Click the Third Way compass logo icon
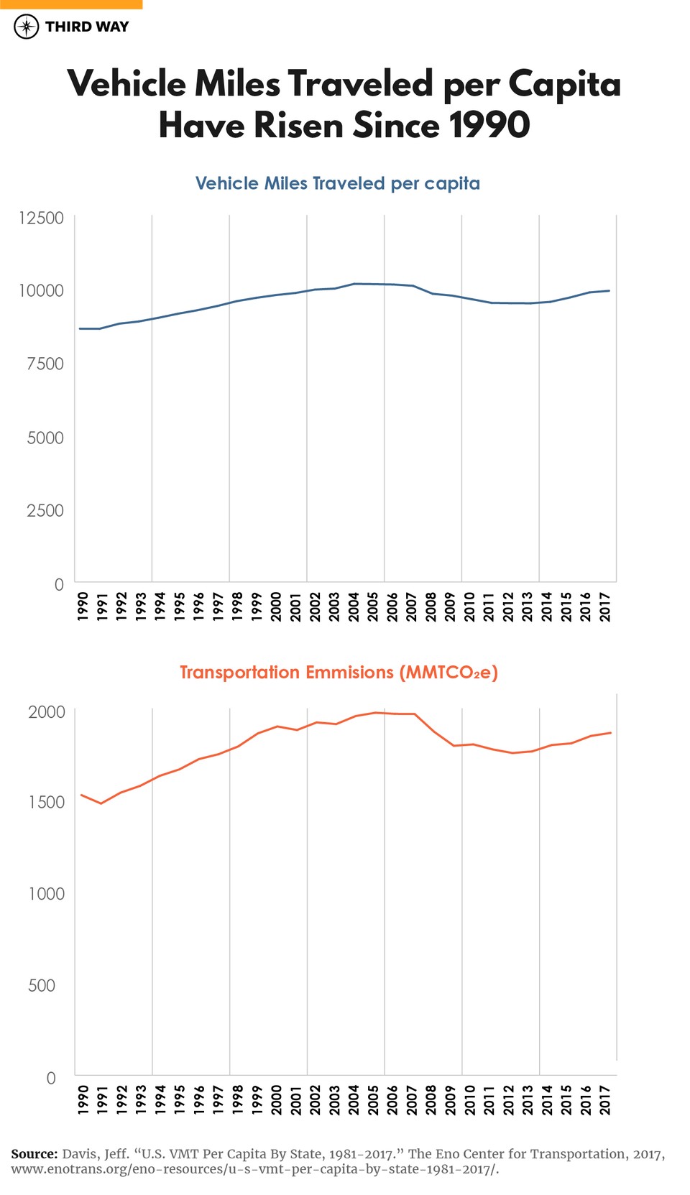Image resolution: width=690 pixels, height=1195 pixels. point(27,27)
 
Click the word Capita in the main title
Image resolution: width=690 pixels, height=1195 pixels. point(564,84)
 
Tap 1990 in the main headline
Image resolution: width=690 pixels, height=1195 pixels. point(489,126)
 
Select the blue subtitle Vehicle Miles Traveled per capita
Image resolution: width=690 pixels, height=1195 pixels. point(337,183)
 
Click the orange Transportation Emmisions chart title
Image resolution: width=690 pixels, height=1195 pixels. point(339,673)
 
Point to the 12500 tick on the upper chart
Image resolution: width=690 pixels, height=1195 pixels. point(41,218)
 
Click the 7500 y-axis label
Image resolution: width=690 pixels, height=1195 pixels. point(45,364)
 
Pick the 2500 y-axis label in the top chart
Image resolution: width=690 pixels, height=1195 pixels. point(45,511)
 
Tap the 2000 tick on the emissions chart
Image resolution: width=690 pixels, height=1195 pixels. point(46,712)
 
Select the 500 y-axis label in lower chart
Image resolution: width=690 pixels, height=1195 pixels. point(42,986)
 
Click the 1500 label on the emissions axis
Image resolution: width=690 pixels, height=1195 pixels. point(46,803)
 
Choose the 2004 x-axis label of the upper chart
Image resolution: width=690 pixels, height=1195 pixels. point(354,606)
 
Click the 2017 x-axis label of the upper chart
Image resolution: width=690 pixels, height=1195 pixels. point(605,606)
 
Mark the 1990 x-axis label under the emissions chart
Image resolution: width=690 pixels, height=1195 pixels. point(83,1100)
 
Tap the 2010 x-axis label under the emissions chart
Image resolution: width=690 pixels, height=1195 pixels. point(469,1100)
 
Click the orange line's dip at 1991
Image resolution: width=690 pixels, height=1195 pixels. point(101,803)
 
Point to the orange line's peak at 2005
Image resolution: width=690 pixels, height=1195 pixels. point(375,713)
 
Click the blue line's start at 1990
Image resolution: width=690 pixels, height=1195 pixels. point(80,328)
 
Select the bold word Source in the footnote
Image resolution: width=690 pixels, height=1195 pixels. point(34,1154)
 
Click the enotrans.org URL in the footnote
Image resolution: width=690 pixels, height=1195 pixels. point(255,1169)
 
